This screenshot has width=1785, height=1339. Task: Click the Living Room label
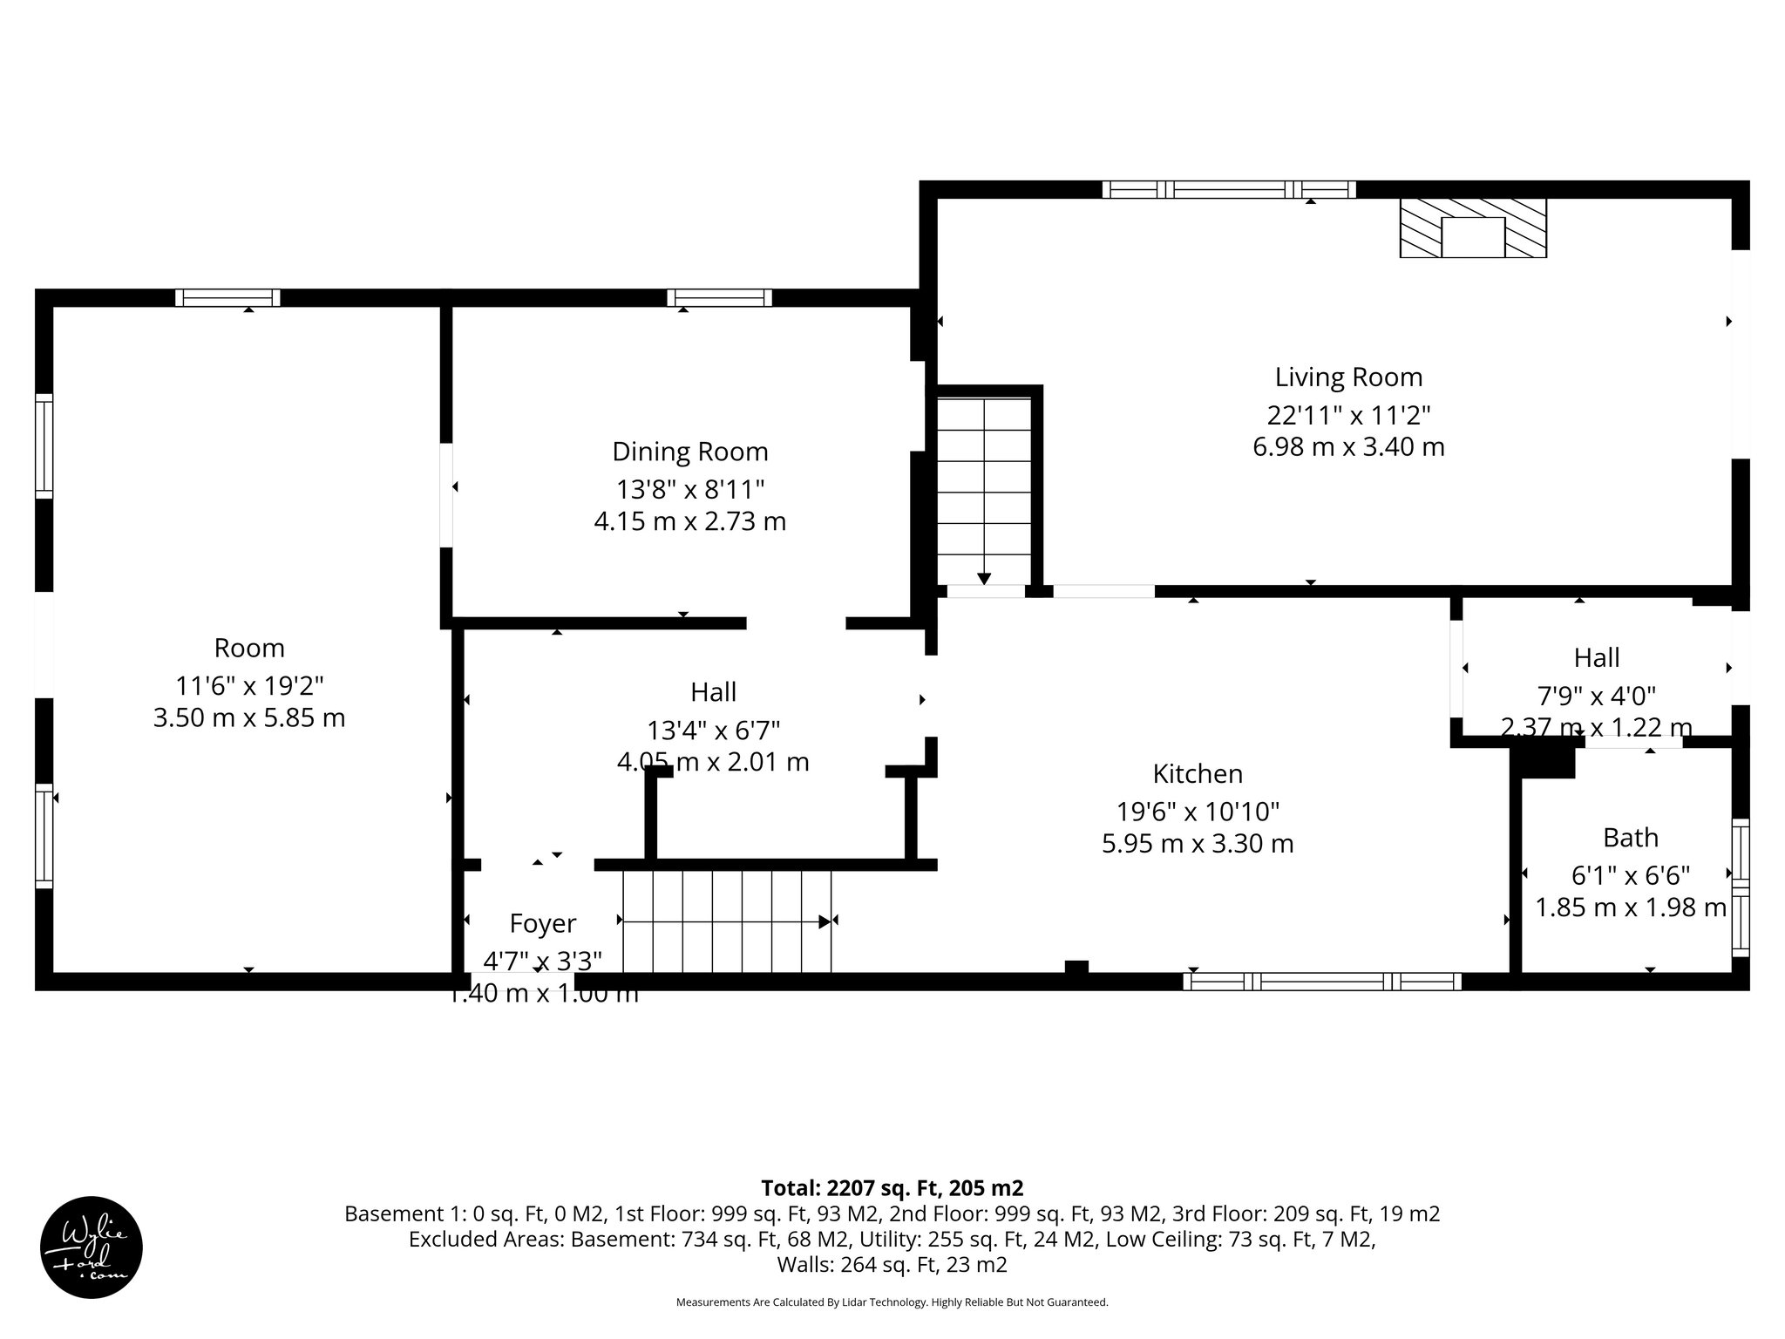pyautogui.click(x=1348, y=377)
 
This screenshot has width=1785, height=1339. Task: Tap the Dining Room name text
pyautogui.click(x=689, y=452)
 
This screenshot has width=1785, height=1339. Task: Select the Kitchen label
pyautogui.click(x=1198, y=774)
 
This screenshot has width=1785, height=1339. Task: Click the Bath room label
pyautogui.click(x=1630, y=838)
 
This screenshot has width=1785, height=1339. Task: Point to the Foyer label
pyautogui.click(x=542, y=923)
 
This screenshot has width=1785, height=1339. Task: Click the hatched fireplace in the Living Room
pyautogui.click(x=1473, y=228)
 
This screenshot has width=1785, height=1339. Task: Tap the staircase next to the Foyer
pyautogui.click(x=726, y=921)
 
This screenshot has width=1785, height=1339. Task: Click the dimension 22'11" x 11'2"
pyautogui.click(x=1348, y=414)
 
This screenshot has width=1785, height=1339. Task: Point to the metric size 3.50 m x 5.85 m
pyautogui.click(x=249, y=718)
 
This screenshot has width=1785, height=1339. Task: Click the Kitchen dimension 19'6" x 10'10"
pyautogui.click(x=1198, y=812)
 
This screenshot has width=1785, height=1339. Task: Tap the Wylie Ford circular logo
pyautogui.click(x=92, y=1247)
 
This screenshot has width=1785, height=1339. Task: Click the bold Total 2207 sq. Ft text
pyautogui.click(x=892, y=1188)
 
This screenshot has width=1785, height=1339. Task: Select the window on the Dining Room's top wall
pyautogui.click(x=719, y=298)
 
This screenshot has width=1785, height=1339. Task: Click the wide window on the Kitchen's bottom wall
pyautogui.click(x=1321, y=982)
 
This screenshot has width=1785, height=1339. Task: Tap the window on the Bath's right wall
pyautogui.click(x=1740, y=887)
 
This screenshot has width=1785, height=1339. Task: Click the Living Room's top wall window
pyautogui.click(x=1228, y=189)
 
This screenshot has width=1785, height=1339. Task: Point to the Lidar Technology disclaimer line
pyautogui.click(x=892, y=1302)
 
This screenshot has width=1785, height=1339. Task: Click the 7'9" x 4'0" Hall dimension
pyautogui.click(x=1596, y=696)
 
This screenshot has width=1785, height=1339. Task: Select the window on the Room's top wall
pyautogui.click(x=227, y=298)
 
